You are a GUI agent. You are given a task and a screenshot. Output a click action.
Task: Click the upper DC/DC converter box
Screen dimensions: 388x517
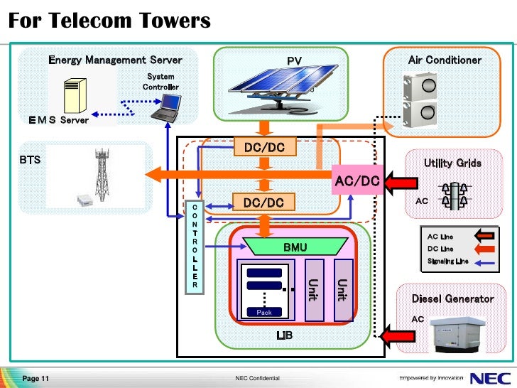263,148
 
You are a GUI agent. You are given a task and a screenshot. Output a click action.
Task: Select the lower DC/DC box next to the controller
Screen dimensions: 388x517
263,203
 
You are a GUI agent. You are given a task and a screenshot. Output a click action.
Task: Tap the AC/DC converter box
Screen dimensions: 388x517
357,181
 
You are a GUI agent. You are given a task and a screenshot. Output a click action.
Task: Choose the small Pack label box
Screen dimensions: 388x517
264,312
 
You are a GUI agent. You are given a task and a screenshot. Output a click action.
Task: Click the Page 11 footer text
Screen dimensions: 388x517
36,378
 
